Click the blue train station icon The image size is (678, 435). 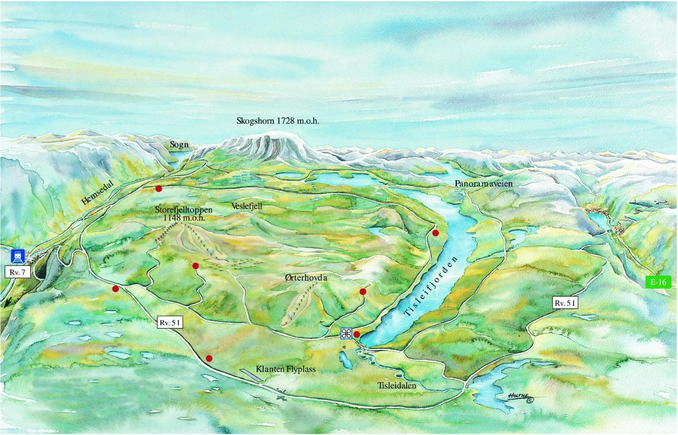click(18, 256)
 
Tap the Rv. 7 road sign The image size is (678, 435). click(18, 272)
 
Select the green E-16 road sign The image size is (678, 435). click(658, 282)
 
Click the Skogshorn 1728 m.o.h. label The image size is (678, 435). click(278, 121)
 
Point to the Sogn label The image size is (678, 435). click(179, 145)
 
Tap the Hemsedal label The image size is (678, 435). click(97, 193)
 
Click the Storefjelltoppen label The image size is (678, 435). click(184, 210)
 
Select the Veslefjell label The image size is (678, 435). click(247, 206)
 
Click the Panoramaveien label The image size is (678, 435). click(483, 183)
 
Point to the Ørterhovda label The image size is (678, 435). click(306, 278)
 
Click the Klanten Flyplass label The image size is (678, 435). click(286, 369)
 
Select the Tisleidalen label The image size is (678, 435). click(397, 386)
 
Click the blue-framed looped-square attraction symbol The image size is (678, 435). click(346, 334)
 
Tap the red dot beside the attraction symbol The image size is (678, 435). click(357, 334)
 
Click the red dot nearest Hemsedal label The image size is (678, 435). click(159, 189)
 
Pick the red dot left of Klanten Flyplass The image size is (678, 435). click(209, 358)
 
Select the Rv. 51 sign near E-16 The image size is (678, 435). click(565, 303)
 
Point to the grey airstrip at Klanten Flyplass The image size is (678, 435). click(250, 375)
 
